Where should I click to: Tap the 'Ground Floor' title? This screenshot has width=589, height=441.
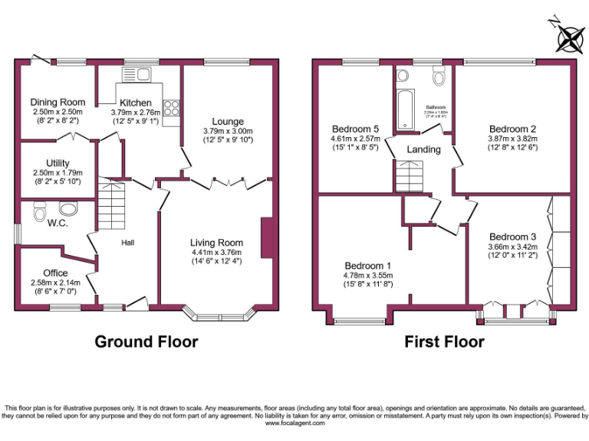146,341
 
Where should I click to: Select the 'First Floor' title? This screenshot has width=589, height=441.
444,341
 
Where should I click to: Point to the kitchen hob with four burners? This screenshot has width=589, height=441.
171,109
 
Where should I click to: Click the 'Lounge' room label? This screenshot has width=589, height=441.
228,122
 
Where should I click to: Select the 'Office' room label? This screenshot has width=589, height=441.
55,273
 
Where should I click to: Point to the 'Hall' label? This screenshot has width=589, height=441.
128,243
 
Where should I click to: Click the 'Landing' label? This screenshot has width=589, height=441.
423,149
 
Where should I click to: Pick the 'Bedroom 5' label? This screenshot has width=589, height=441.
354,128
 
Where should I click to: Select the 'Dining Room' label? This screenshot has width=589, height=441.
58,102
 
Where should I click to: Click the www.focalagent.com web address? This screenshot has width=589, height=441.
294,423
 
